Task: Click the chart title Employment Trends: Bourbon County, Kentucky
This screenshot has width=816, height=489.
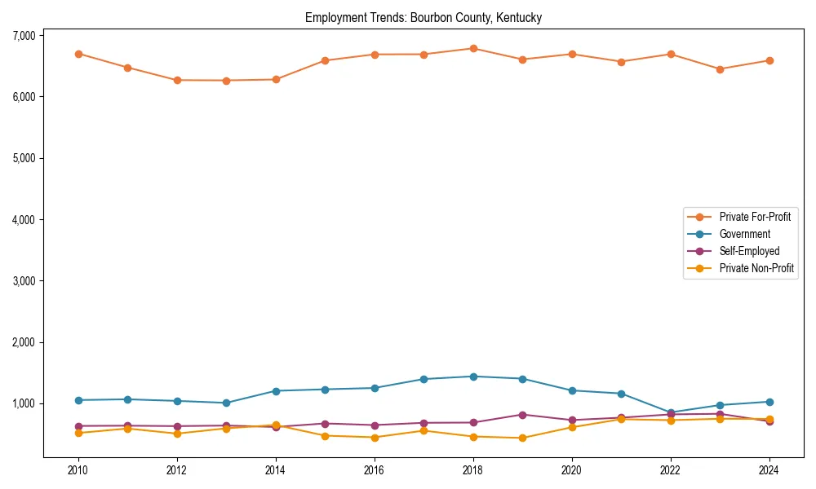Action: [x=424, y=17]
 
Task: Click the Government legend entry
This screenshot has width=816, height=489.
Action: [x=744, y=234]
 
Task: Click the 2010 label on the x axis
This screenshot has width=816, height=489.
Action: [x=78, y=470]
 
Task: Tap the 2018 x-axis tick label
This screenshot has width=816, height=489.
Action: [x=473, y=470]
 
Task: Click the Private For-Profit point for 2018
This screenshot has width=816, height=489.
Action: [x=473, y=48]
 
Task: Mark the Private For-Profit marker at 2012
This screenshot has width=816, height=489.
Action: [x=177, y=80]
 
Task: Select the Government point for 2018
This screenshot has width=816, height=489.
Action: [x=473, y=377]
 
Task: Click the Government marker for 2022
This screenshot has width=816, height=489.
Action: [x=671, y=412]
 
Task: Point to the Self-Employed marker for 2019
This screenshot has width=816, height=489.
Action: [x=522, y=415]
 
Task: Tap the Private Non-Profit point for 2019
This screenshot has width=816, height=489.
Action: [x=522, y=438]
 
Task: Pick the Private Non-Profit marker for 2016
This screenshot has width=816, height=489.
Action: [x=375, y=438]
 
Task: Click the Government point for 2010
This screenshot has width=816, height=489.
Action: [x=78, y=400]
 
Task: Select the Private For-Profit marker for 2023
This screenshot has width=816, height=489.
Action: [x=720, y=69]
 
